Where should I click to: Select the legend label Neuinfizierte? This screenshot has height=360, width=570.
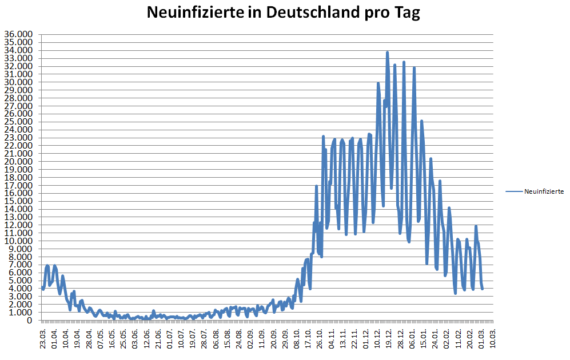(544, 191)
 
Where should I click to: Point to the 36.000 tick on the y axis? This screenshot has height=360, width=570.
(19, 34)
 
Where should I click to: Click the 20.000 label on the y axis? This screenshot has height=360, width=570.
(19, 161)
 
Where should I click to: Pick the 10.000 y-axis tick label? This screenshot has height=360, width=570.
(19, 241)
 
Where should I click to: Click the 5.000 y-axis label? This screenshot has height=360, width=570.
(21, 281)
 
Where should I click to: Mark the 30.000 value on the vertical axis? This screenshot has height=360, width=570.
(19, 82)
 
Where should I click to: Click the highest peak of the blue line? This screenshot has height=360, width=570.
(387, 53)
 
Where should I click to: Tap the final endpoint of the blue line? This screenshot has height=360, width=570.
(483, 289)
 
